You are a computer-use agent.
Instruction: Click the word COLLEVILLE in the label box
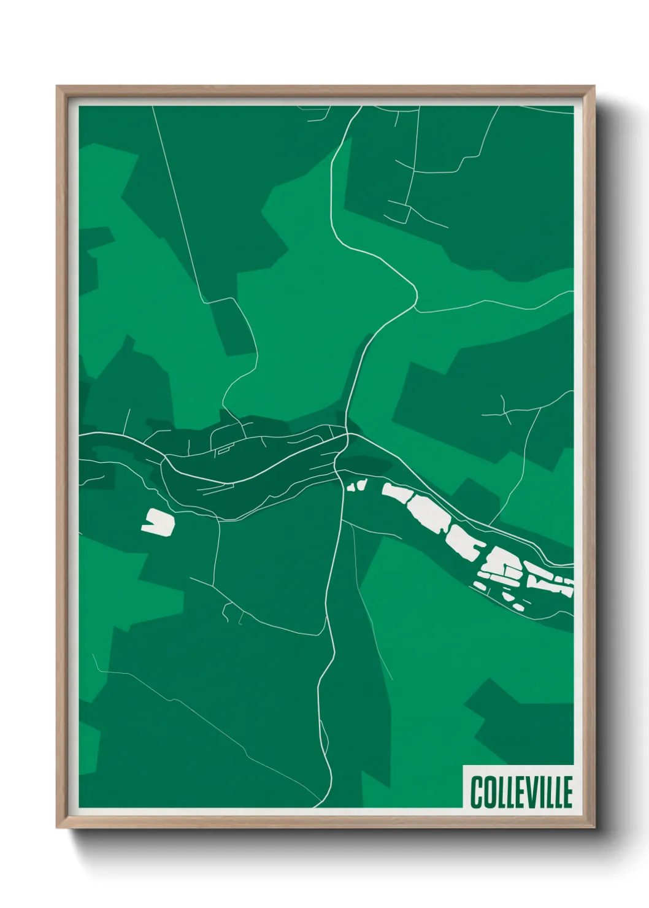pyautogui.click(x=521, y=792)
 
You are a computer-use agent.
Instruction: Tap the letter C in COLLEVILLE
pyautogui.click(x=477, y=792)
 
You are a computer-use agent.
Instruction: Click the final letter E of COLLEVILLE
pyautogui.click(x=567, y=792)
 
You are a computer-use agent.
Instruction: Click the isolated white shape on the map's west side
pyautogui.click(x=158, y=521)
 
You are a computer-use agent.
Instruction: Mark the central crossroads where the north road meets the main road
pyautogui.click(x=347, y=435)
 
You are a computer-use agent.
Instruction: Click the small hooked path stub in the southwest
pyautogui.click(x=228, y=611)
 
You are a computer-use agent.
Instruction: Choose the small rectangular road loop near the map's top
pyautogui.click(x=399, y=212)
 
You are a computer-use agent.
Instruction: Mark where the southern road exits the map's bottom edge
pyautogui.click(x=315, y=806)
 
